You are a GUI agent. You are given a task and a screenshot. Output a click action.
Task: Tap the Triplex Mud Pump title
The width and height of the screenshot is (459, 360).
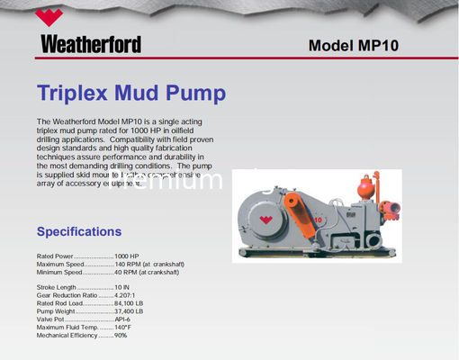(131, 93)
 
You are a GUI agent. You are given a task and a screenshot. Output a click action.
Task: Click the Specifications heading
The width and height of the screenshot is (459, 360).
(78, 231)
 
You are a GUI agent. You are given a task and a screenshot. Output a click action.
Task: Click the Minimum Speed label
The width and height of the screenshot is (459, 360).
(59, 272)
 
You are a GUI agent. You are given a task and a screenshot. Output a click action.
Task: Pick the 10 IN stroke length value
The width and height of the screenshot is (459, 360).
(123, 287)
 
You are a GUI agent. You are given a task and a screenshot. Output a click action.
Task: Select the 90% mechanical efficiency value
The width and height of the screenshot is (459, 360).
(121, 336)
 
